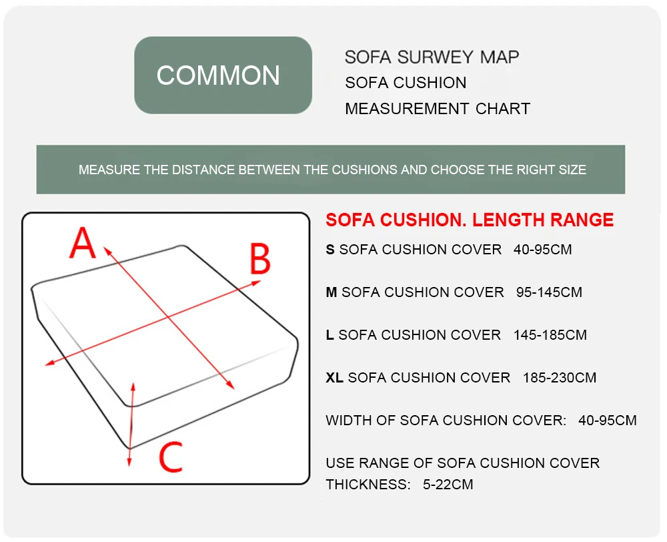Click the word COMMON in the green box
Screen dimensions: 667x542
pyautogui.click(x=218, y=75)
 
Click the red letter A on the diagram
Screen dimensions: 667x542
pyautogui.click(x=83, y=244)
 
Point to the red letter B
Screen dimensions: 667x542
pyautogui.click(x=259, y=260)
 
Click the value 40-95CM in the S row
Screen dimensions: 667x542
pyautogui.click(x=543, y=250)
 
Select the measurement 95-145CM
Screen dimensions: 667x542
pyautogui.click(x=549, y=292)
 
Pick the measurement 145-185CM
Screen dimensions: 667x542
pyautogui.click(x=550, y=335)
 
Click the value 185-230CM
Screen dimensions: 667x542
pyautogui.click(x=560, y=378)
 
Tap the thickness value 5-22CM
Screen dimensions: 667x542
pyautogui.click(x=448, y=485)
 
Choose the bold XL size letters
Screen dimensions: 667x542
pyautogui.click(x=334, y=378)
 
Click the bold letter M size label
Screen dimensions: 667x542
pyautogui.click(x=331, y=292)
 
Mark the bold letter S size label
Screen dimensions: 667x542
pyautogui.click(x=330, y=250)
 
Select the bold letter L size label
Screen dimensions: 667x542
pyautogui.click(x=329, y=335)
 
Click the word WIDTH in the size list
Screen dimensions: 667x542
pyautogui.click(x=346, y=421)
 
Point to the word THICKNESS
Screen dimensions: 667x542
pyautogui.click(x=368, y=485)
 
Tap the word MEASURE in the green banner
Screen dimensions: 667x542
pyautogui.click(x=109, y=170)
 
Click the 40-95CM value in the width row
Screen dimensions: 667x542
pyautogui.click(x=608, y=421)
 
